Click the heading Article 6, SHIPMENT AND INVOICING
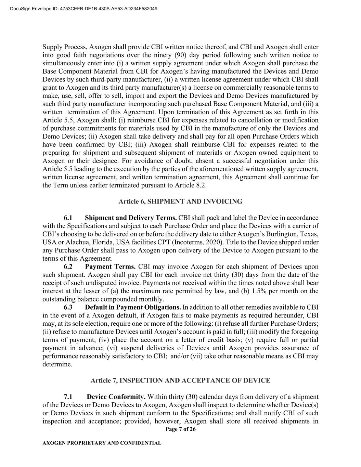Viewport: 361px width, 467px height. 180,202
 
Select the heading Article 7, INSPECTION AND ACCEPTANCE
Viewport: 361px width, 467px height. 180,380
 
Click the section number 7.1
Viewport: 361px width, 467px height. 68,397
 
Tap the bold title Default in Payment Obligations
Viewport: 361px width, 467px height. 133,307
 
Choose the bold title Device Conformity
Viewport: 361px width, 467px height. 116,397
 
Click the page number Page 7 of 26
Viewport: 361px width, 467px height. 180,429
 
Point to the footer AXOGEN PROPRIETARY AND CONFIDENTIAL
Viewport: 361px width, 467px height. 102,443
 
